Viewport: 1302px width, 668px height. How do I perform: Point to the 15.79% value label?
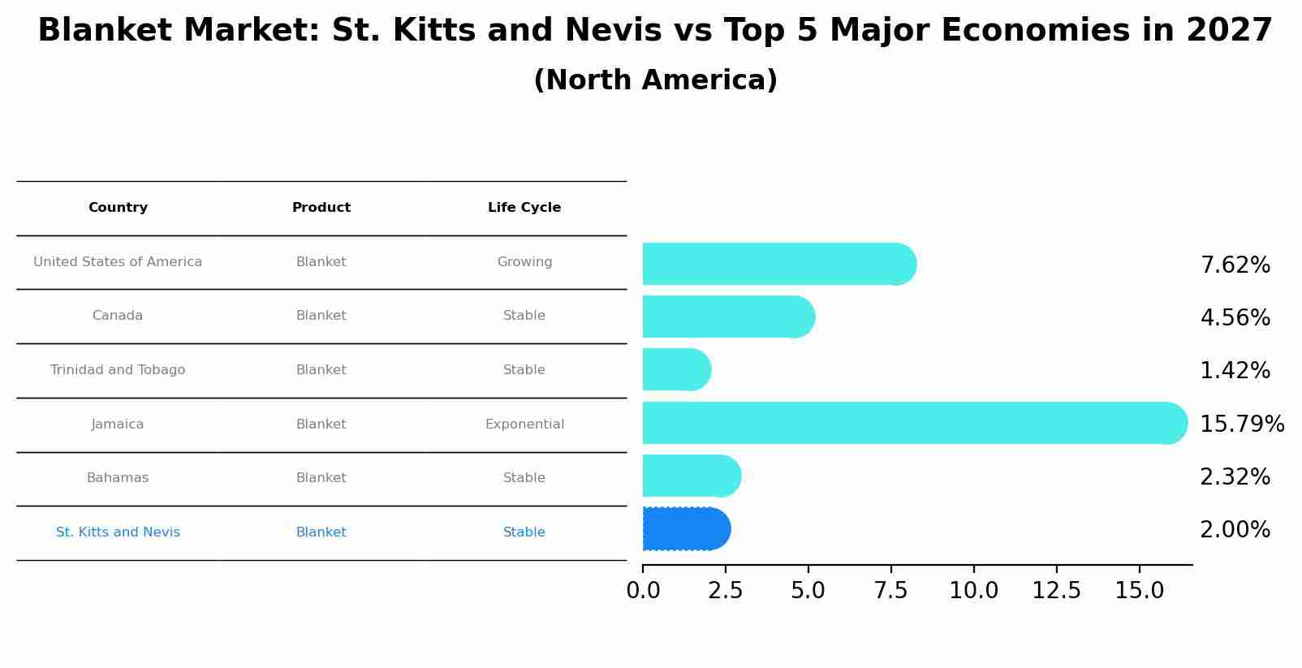(x=1241, y=425)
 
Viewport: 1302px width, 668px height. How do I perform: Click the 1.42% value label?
(x=1234, y=371)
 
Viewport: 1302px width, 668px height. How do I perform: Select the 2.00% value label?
(x=1234, y=530)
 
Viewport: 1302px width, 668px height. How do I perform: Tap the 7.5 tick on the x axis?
(x=890, y=591)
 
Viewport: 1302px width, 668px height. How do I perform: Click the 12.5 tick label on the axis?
(x=1056, y=591)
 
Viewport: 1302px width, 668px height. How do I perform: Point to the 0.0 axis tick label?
(x=643, y=591)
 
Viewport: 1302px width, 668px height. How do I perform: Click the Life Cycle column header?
(x=524, y=208)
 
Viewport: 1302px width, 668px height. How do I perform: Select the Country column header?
(x=118, y=208)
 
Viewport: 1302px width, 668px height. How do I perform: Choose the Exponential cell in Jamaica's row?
(x=524, y=425)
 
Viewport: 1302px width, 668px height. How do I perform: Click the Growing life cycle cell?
(x=524, y=262)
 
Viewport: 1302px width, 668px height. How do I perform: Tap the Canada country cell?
(x=118, y=316)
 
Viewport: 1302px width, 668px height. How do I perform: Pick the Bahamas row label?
(x=118, y=478)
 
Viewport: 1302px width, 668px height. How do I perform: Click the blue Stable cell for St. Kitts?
(x=524, y=532)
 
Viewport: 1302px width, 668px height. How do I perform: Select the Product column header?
(x=321, y=208)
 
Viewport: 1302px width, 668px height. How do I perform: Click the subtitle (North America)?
(x=655, y=80)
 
